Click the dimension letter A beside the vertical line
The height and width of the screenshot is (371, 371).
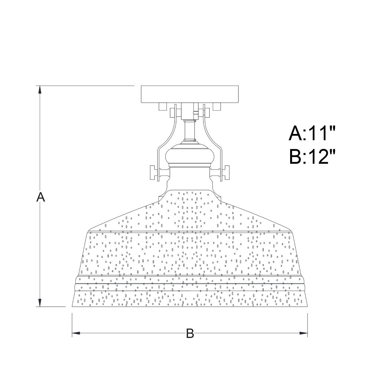(40, 197)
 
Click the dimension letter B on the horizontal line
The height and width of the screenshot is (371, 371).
(190, 334)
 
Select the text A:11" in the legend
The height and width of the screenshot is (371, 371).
(312, 133)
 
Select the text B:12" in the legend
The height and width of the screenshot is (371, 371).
(312, 157)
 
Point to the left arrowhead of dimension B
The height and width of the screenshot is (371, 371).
(76, 333)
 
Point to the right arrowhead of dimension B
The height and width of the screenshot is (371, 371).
(303, 333)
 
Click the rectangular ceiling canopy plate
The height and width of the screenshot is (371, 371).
(190, 94)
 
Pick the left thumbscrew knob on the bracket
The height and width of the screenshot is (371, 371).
(152, 173)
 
